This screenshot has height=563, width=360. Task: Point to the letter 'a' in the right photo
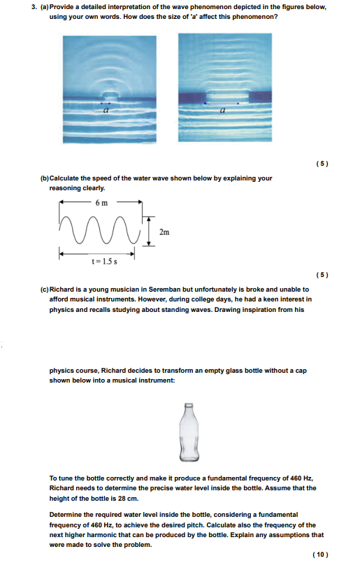click(223, 110)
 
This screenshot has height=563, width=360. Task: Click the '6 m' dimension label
click(101, 202)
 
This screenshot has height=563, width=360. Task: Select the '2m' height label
click(164, 231)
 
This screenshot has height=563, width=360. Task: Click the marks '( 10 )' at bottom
click(320, 554)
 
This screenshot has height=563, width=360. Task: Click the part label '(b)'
click(45, 178)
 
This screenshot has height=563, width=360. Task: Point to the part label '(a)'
click(45, 6)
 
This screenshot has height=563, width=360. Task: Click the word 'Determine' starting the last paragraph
click(67, 514)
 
